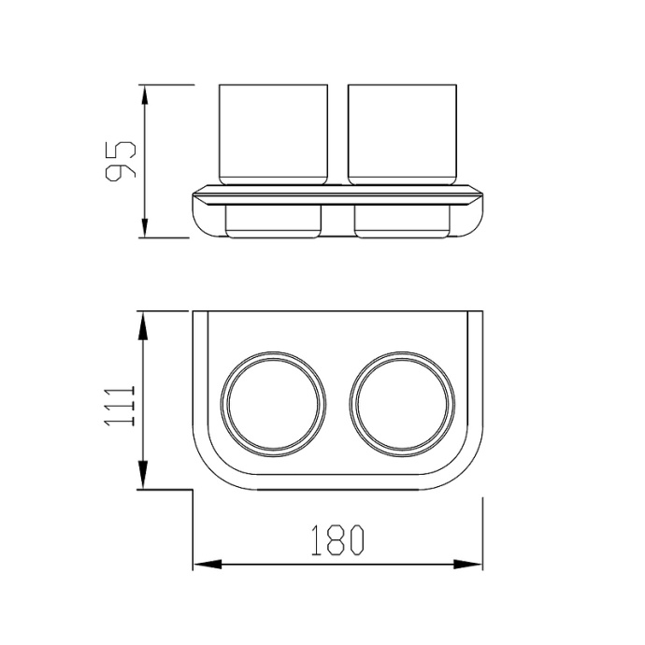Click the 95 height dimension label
pos(121,162)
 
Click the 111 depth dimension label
pos(120,406)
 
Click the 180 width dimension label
pos(337,540)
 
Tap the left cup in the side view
pos(274,135)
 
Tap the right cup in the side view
pos(402,135)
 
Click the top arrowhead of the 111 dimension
pos(142,325)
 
